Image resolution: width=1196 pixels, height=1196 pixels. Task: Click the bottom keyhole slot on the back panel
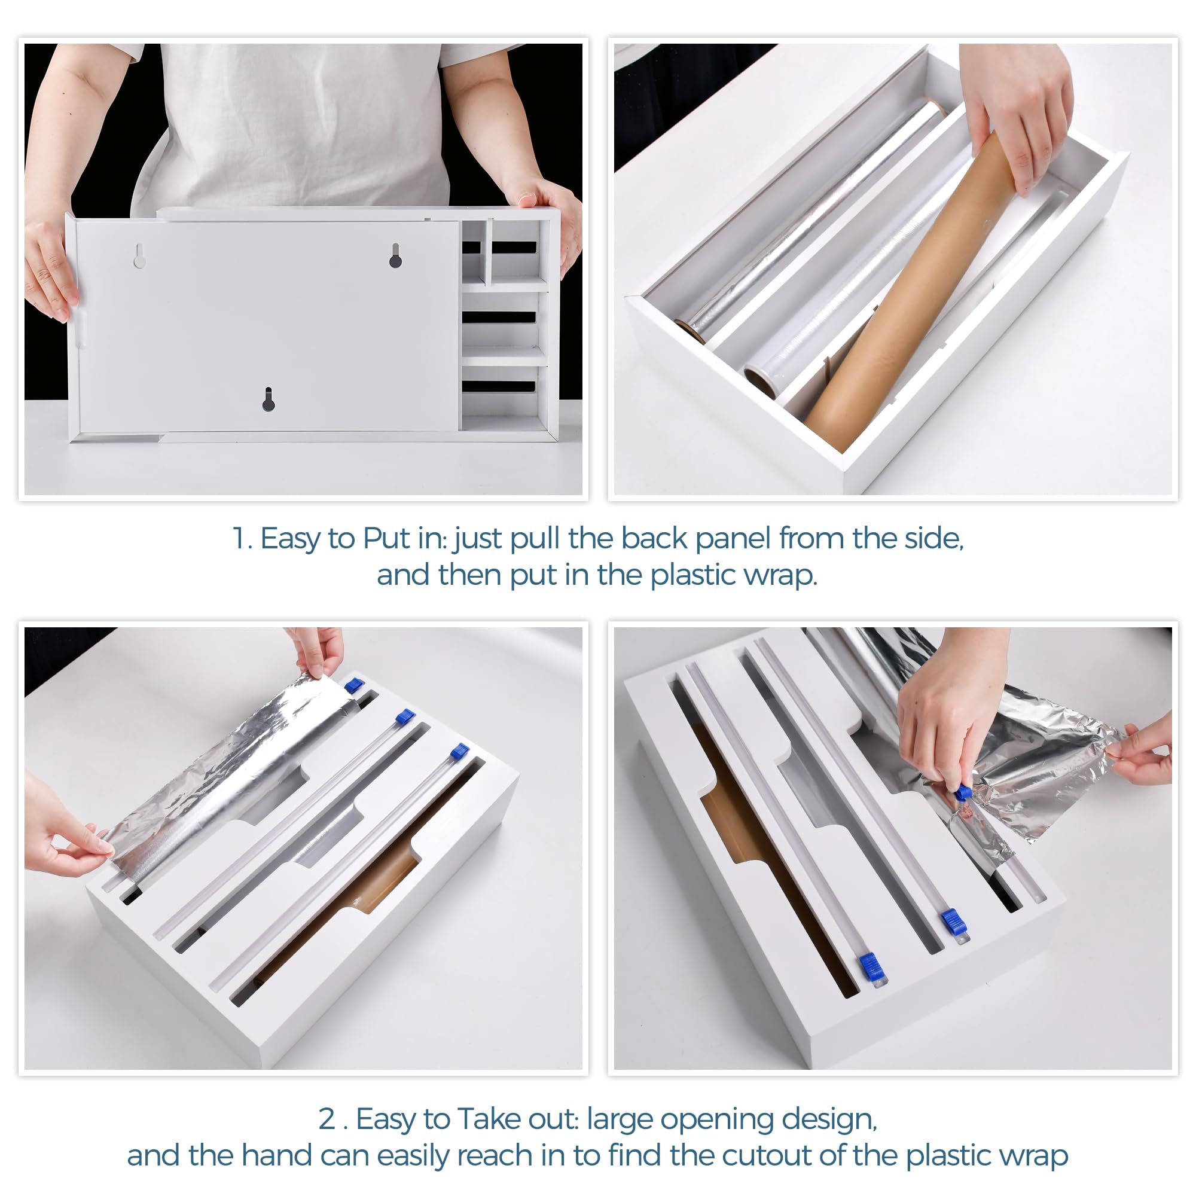(268, 400)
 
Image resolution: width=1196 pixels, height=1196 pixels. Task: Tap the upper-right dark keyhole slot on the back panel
(395, 256)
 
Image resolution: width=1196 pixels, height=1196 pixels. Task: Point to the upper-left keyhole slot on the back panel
(140, 256)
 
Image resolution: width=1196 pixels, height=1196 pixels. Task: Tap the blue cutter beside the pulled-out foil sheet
(353, 685)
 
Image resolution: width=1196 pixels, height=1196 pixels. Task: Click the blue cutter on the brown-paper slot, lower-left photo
(459, 752)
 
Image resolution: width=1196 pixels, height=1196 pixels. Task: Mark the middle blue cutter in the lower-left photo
(405, 717)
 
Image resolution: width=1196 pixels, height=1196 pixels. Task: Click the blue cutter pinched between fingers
(963, 793)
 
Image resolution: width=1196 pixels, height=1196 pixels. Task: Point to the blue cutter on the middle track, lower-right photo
(954, 922)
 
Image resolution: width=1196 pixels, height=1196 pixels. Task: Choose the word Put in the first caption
(386, 538)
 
